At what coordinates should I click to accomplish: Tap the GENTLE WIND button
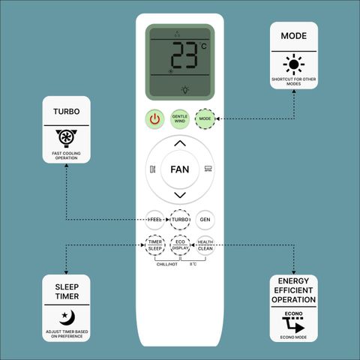click(x=180, y=118)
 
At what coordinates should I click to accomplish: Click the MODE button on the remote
click(x=205, y=118)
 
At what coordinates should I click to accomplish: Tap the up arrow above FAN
click(x=180, y=143)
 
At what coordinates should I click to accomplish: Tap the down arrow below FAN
click(x=180, y=195)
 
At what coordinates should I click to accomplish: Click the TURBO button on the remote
click(x=180, y=220)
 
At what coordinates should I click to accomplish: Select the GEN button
click(x=205, y=220)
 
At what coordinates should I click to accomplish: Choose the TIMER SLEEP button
click(x=155, y=245)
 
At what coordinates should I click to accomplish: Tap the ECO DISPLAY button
click(x=180, y=245)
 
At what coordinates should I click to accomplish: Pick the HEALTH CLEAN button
click(x=205, y=245)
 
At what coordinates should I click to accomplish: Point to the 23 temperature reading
click(x=184, y=55)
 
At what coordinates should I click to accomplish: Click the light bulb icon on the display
click(x=185, y=89)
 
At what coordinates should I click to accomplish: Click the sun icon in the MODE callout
click(x=294, y=64)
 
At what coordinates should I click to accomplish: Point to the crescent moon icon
click(x=67, y=317)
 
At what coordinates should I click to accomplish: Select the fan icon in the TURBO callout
click(x=67, y=138)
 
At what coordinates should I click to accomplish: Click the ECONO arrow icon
click(x=293, y=325)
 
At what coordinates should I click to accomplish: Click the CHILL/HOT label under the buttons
click(x=167, y=264)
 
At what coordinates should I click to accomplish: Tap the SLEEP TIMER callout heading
click(x=67, y=292)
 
